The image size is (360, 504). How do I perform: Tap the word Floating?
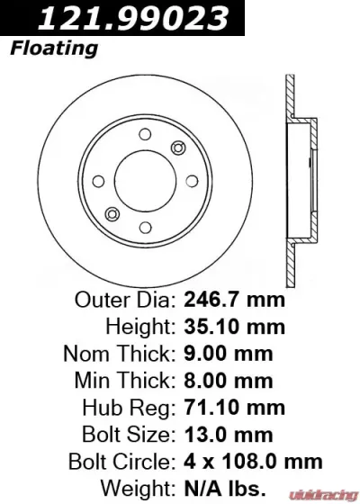pos(54,48)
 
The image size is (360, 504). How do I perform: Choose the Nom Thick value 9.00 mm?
pos(229,353)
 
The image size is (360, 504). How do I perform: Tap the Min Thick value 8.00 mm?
pos(229,380)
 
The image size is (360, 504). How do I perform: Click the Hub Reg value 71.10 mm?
pos(234,408)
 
